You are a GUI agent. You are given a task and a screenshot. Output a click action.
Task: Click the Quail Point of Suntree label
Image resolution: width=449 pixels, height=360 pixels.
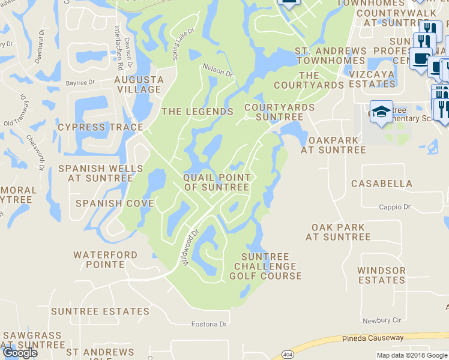point(216,182)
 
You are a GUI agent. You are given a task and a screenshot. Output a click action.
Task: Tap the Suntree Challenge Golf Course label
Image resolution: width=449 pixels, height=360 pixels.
point(265,266)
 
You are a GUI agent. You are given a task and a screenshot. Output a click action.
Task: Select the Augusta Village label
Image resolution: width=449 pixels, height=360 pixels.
point(139,85)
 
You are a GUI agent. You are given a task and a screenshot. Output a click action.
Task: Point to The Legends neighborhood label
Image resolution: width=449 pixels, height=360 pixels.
point(197,112)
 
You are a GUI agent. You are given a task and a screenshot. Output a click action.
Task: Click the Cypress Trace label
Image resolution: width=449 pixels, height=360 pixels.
point(100,127)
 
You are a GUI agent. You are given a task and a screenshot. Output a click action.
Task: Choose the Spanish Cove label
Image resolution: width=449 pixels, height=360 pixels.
point(115,203)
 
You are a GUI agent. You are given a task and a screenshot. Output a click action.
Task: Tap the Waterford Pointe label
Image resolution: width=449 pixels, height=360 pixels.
point(105,260)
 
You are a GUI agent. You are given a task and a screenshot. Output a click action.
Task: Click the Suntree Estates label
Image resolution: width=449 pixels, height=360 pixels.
point(100,311)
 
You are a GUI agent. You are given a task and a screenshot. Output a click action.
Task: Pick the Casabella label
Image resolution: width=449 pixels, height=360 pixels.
point(382,184)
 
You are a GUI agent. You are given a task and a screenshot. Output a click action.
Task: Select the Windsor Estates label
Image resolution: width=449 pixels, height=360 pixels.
point(381,275)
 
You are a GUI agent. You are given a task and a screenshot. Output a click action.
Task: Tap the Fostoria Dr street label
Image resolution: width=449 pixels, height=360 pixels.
point(209,325)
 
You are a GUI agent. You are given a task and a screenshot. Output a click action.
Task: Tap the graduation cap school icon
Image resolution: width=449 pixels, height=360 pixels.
point(381,112)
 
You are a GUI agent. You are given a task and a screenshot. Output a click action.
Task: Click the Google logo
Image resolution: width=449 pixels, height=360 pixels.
point(19,353)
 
